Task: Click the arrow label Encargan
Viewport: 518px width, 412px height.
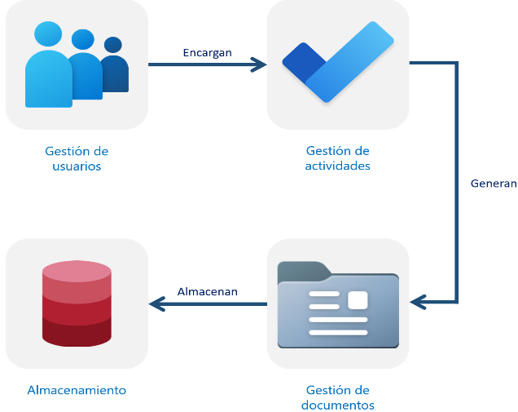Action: (207, 52)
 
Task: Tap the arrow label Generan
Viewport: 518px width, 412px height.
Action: (494, 184)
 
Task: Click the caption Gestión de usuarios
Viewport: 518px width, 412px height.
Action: (77, 158)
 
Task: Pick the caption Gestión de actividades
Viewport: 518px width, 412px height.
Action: (337, 158)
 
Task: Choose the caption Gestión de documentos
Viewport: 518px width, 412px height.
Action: (337, 397)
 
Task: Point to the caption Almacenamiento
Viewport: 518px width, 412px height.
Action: (77, 390)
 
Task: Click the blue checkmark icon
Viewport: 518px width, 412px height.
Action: (338, 63)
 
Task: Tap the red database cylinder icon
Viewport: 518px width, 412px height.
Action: (77, 303)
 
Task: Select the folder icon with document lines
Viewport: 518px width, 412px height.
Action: (338, 304)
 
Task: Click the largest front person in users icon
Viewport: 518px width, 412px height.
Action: (48, 73)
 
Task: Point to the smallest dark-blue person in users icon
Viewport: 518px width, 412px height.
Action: (114, 69)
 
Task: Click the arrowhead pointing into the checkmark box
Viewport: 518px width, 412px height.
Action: (260, 64)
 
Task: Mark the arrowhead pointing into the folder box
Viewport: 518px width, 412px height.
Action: (418, 303)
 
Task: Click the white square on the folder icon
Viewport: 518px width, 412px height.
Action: (358, 299)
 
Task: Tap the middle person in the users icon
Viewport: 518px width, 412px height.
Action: (85, 69)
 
